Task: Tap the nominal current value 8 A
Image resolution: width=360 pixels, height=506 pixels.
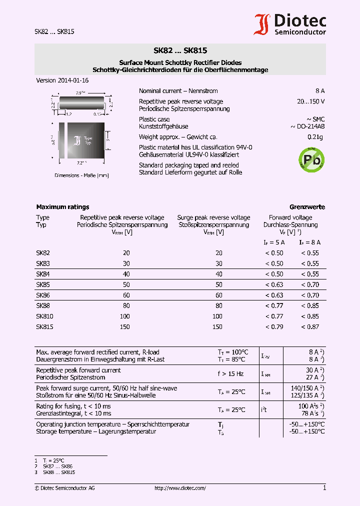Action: click(x=320, y=91)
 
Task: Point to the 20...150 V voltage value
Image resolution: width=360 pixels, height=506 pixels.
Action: click(x=310, y=101)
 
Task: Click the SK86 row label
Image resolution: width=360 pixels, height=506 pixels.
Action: click(x=43, y=295)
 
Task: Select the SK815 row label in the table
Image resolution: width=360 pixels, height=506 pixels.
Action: click(x=44, y=326)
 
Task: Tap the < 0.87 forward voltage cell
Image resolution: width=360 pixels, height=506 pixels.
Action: click(x=310, y=326)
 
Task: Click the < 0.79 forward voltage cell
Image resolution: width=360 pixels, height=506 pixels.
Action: click(x=274, y=326)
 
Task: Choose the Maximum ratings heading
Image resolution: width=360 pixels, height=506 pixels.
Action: click(x=62, y=206)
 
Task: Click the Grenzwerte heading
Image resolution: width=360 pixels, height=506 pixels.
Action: click(x=307, y=206)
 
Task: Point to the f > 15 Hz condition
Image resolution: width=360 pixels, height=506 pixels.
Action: click(x=230, y=374)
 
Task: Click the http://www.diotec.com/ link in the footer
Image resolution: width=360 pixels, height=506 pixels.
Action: click(x=180, y=488)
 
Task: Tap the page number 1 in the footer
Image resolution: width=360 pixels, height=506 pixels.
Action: click(x=324, y=487)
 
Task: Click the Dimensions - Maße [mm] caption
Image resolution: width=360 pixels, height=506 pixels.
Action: click(x=81, y=175)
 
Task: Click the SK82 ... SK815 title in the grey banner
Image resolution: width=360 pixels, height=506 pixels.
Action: click(x=180, y=50)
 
